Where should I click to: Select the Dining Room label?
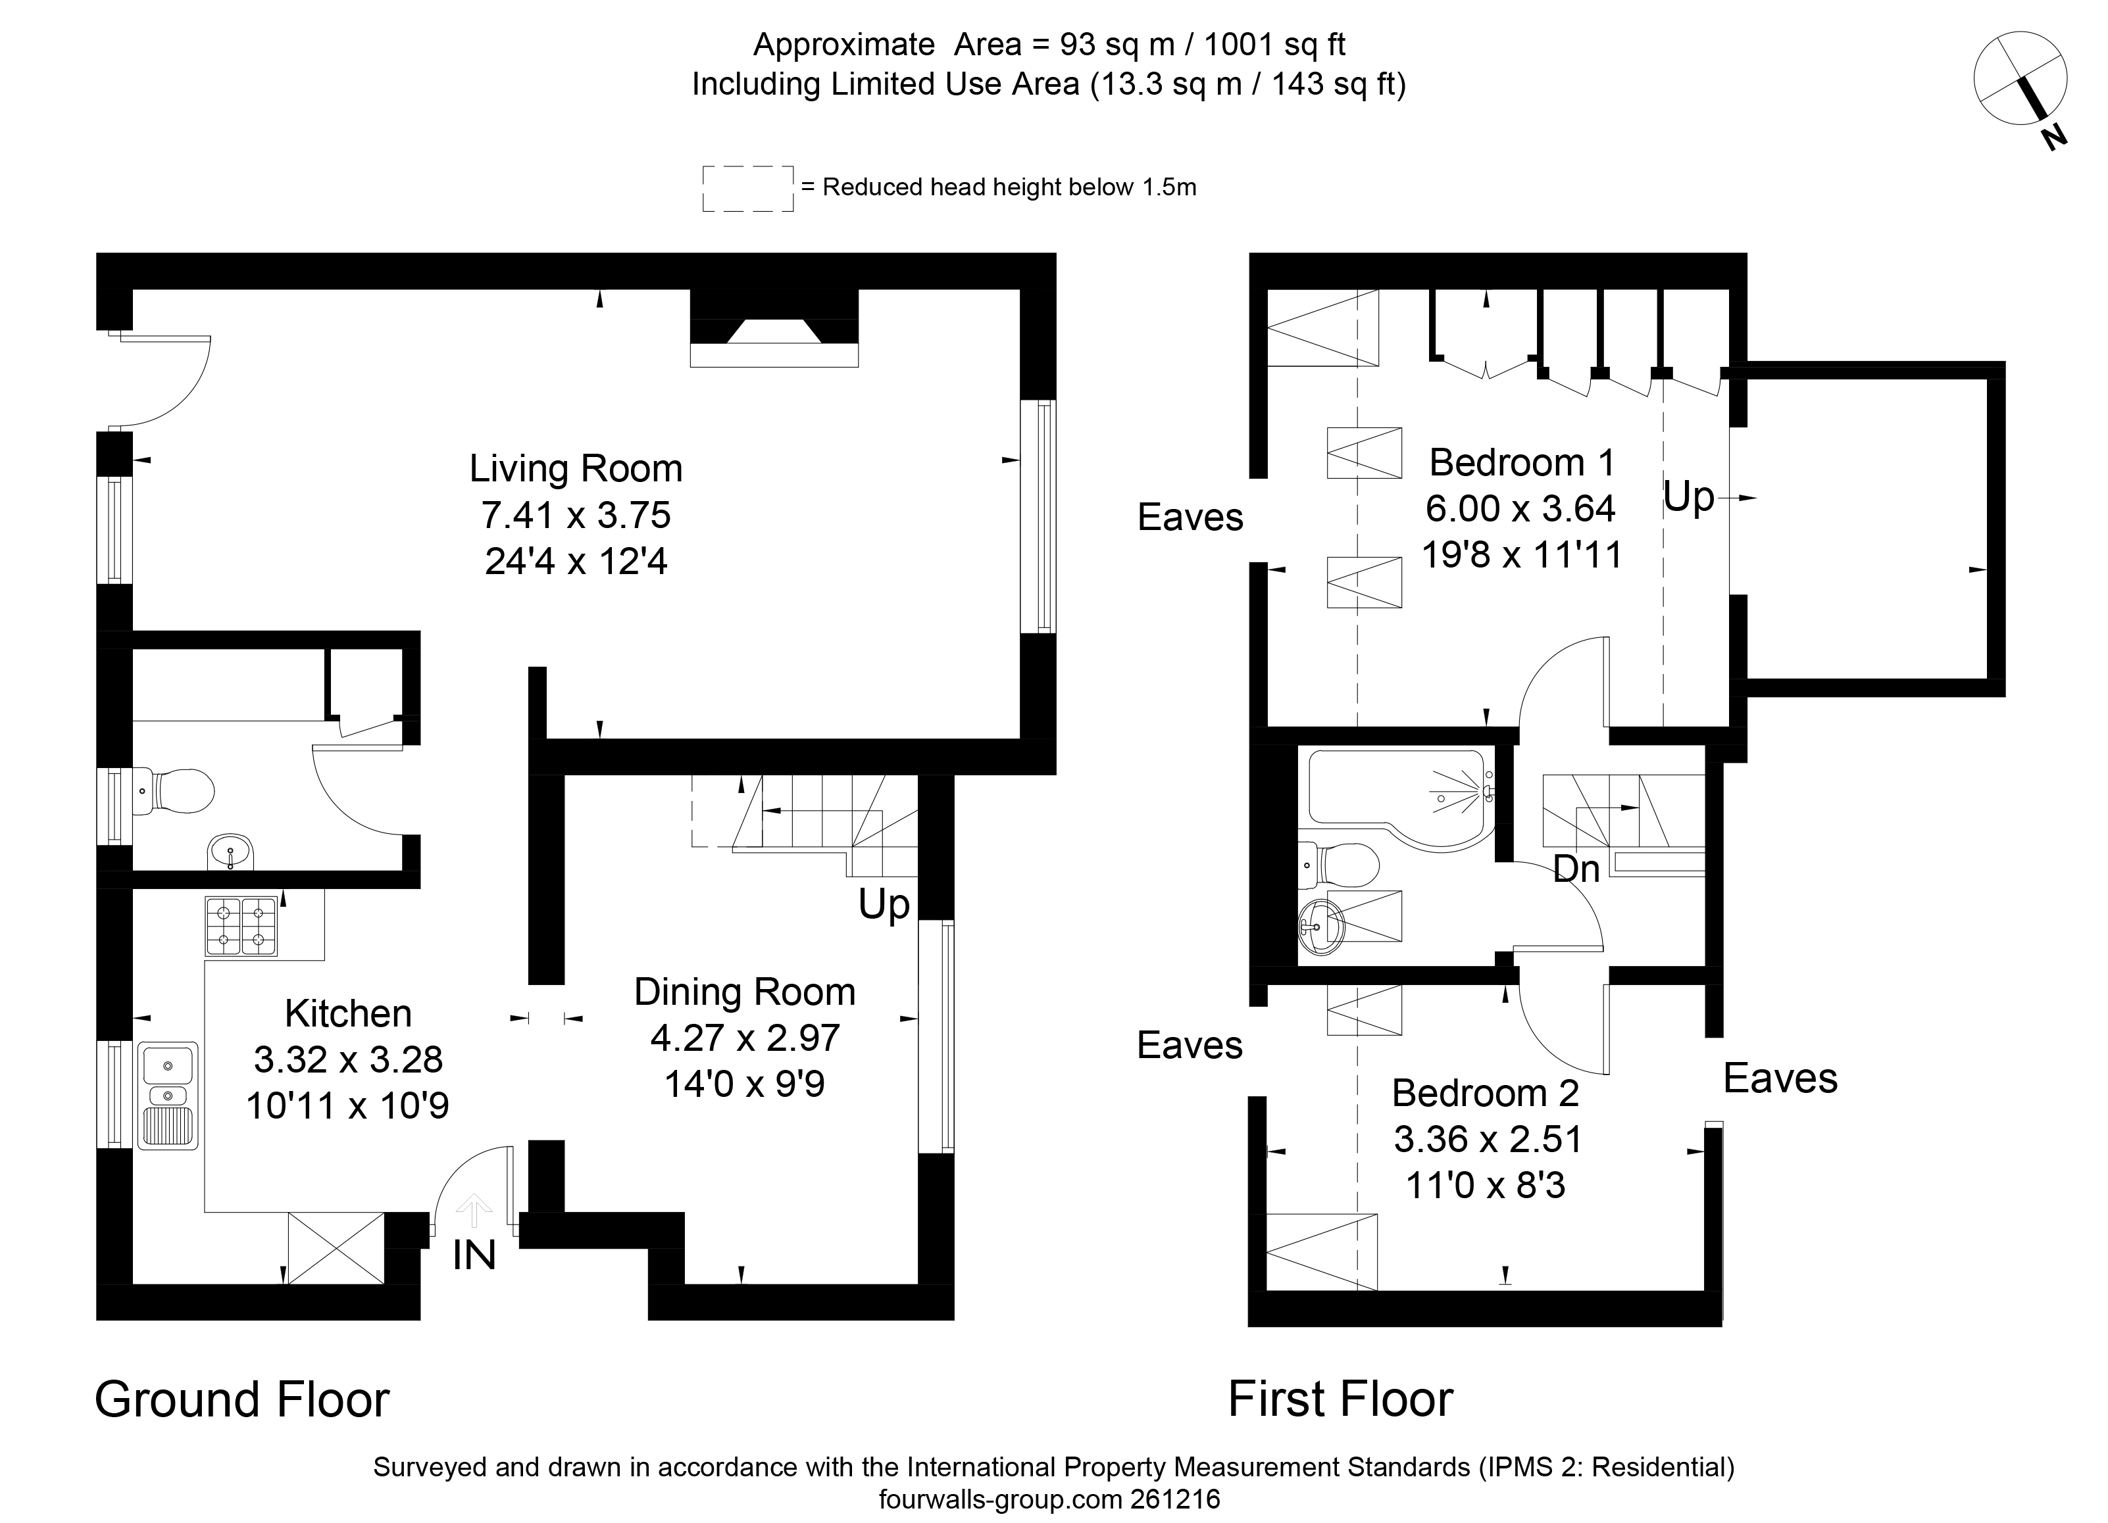pos(745,992)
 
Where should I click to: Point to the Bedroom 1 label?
pos(1522,462)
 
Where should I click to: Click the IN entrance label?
pos(474,1256)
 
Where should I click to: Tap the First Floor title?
pos(1340,1399)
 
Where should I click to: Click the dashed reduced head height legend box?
pos(748,189)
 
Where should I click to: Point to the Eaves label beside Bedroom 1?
pos(1190,518)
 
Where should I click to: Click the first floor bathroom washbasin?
pos(1320,925)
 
